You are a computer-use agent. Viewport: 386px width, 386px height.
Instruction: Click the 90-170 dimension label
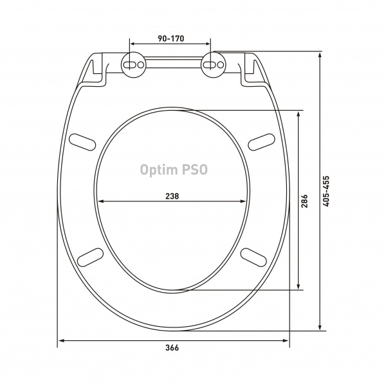[171, 39]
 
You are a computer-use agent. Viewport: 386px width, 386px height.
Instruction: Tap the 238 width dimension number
[172, 196]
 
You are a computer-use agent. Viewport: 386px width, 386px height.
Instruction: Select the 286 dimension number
[304, 201]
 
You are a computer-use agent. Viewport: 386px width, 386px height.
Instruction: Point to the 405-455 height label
[326, 191]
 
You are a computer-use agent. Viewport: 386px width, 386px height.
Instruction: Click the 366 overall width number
[172, 348]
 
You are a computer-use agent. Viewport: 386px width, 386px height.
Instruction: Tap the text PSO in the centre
[195, 170]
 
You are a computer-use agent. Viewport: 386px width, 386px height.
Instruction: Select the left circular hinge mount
[134, 64]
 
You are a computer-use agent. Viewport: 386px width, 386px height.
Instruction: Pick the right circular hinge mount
[214, 64]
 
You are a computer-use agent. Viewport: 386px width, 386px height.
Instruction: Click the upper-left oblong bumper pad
[82, 142]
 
